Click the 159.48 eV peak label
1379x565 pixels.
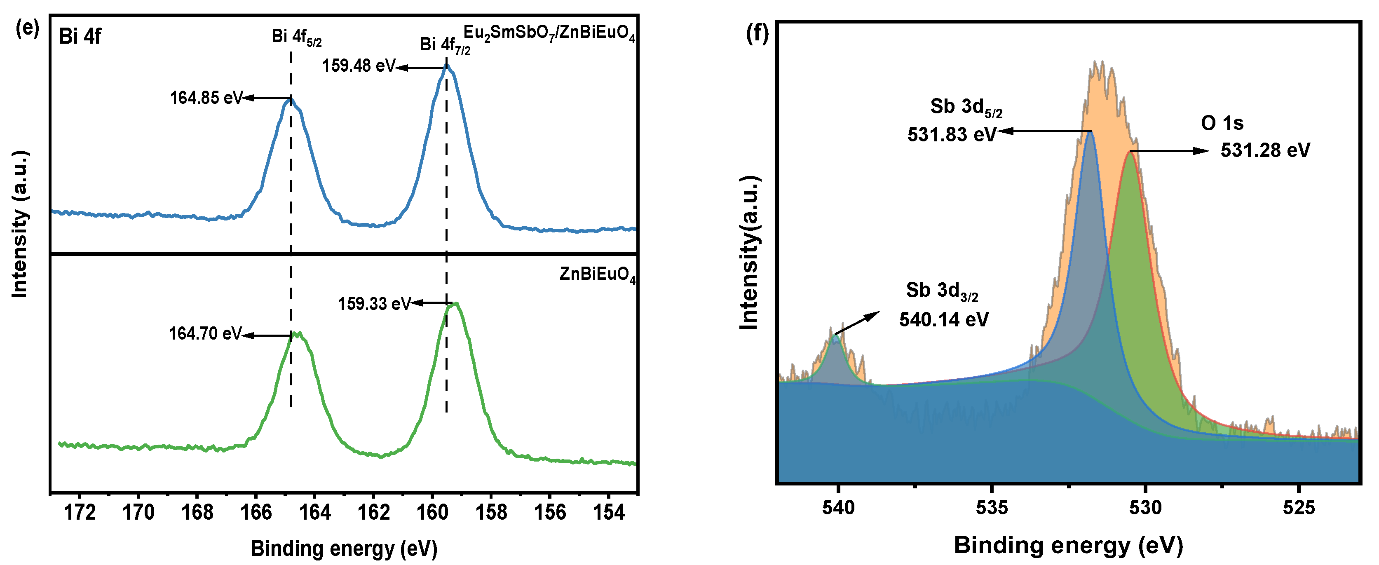tap(358, 66)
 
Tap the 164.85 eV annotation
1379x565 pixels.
tap(206, 98)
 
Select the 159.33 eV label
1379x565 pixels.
tap(374, 304)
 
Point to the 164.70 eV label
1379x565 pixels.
tap(205, 334)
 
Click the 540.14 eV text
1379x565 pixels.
tap(943, 320)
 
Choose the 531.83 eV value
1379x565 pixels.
tap(951, 134)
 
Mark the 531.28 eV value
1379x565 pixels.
tap(1265, 150)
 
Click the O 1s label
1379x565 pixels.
tap(1222, 123)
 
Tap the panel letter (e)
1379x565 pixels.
tap(27, 28)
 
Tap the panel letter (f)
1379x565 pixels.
tap(757, 33)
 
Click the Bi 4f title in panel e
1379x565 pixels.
tap(80, 36)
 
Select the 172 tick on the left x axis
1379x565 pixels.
tap(80, 513)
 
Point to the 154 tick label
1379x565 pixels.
tap(609, 513)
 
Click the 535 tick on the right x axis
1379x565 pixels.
tap(992, 507)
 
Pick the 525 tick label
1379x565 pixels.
tap(1299, 507)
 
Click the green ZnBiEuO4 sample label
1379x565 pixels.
tap(597, 275)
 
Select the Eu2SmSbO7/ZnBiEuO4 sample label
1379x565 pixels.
tap(549, 33)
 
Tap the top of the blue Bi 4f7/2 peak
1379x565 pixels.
tap(448, 67)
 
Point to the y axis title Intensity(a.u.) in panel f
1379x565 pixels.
tap(749, 252)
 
